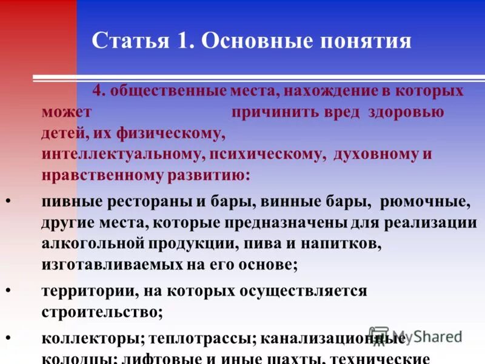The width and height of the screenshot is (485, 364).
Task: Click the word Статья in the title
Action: coord(128,41)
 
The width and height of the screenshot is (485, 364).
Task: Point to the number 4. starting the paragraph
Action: coord(99,91)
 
